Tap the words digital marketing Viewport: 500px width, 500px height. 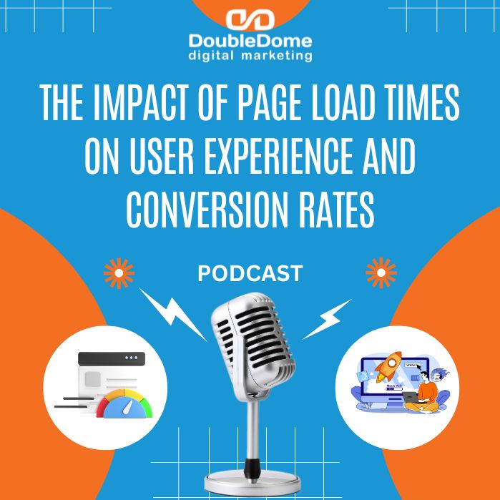250,55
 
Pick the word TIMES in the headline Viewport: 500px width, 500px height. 428,106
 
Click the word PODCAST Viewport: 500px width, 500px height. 249,273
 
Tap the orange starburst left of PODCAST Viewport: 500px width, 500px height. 119,273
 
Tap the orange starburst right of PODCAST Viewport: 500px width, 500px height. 381,273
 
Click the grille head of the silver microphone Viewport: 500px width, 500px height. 249,336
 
